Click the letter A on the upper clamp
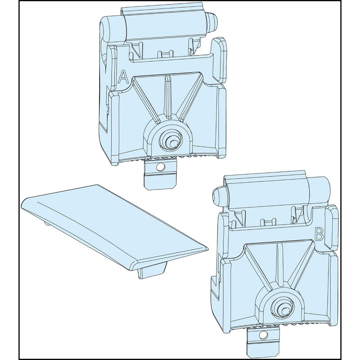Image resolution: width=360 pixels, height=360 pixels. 123,77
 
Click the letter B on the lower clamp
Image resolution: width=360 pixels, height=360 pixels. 319,234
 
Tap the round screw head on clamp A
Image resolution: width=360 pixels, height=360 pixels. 172,142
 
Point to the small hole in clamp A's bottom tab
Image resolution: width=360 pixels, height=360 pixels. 160,167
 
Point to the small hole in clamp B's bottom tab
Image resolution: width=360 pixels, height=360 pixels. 261,336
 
